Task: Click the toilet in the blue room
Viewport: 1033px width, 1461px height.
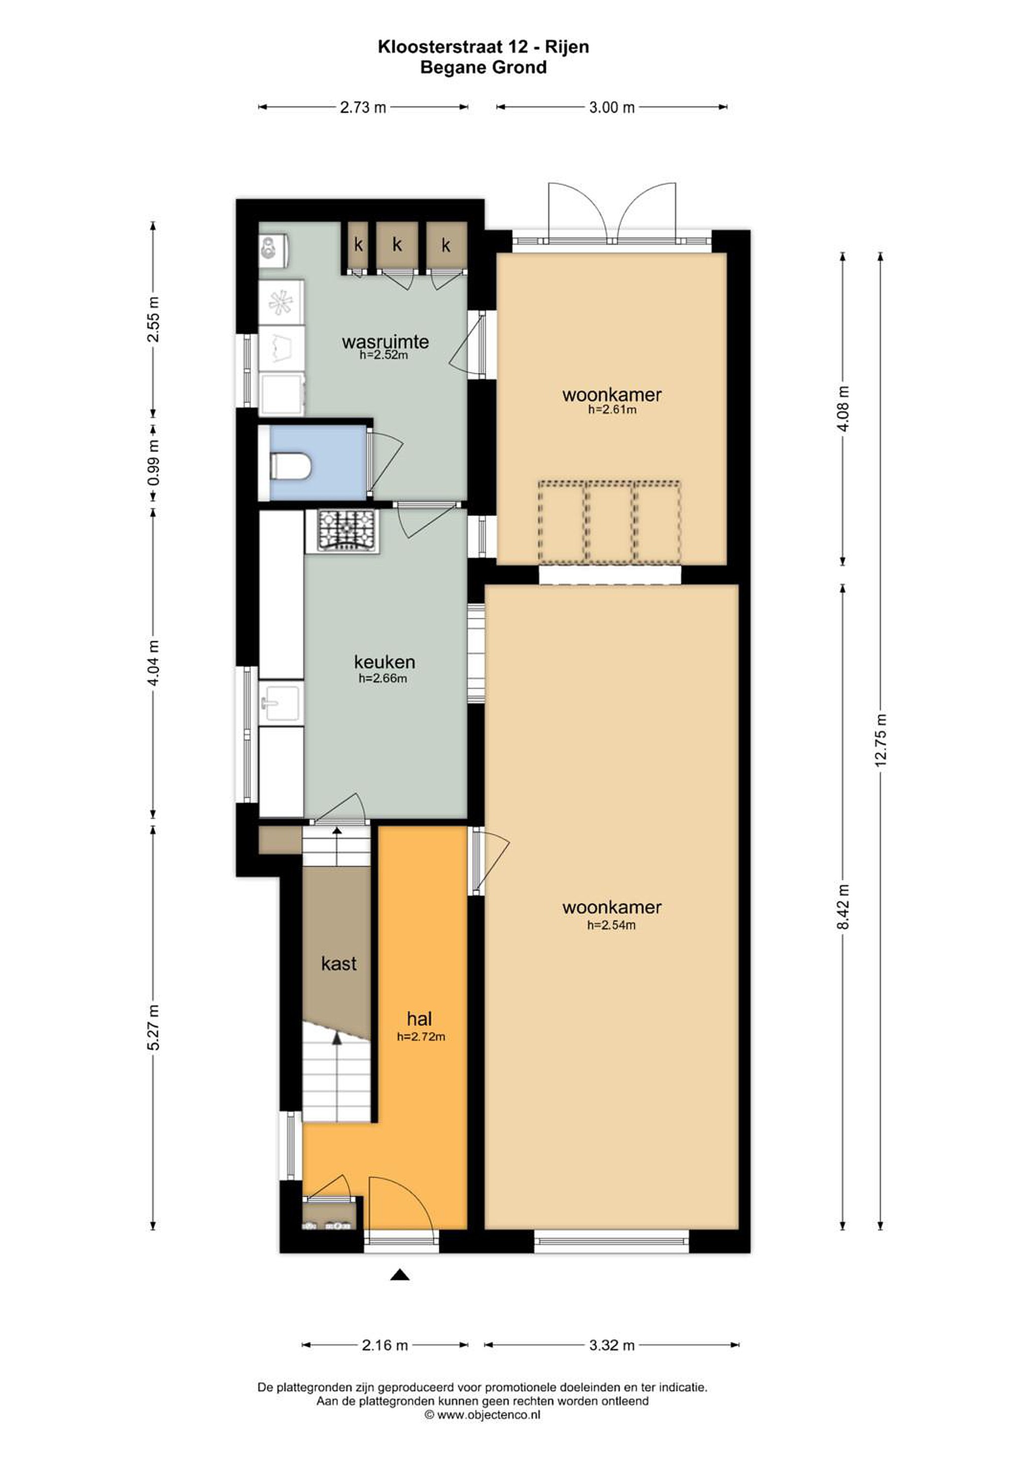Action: pos(290,466)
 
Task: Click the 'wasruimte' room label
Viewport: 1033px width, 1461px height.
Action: pos(385,342)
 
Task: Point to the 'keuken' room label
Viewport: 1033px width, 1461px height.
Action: pos(385,662)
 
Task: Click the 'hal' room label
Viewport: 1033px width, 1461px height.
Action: pos(420,1019)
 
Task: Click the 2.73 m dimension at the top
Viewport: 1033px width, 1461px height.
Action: pos(363,108)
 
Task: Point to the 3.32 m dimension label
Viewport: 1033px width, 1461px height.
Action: pos(612,1345)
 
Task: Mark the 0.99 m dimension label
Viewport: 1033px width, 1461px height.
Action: pos(153,462)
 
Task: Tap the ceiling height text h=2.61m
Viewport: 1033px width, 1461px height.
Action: pos(612,410)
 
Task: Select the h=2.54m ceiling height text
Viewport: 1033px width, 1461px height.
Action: pos(611,925)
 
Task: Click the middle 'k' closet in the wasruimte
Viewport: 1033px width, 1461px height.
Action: pos(397,245)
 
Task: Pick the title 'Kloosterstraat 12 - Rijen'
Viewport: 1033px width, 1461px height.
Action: pos(484,47)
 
